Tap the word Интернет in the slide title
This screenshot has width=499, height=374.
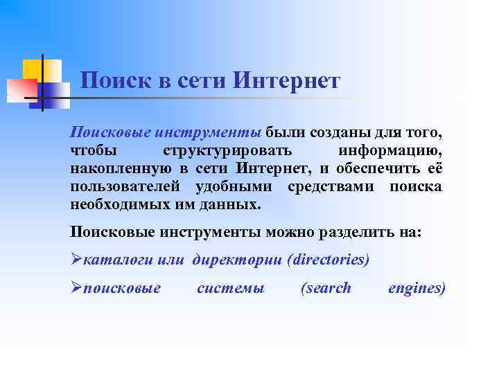pos(287,82)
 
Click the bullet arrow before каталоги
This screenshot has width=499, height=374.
pos(76,260)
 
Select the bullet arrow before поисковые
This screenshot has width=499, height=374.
pos(76,288)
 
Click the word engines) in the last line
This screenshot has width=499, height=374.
pos(417,288)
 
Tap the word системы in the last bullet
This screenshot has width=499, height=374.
pos(230,288)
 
